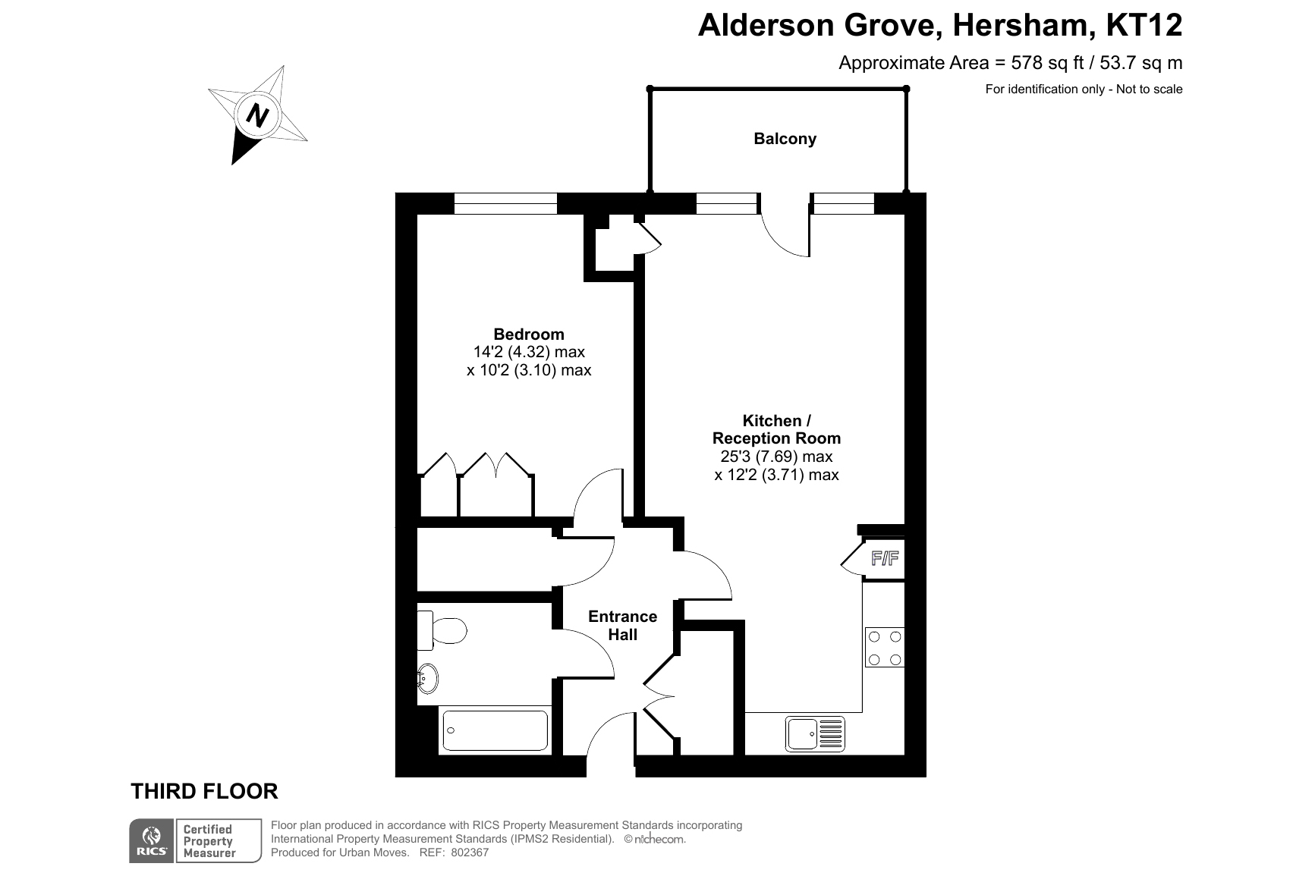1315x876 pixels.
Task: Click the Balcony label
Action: click(x=785, y=139)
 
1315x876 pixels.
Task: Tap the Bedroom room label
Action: click(x=528, y=334)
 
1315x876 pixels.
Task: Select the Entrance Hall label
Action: click(x=622, y=626)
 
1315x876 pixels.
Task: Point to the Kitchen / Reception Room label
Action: click(x=776, y=429)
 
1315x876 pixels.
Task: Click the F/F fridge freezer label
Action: click(x=885, y=560)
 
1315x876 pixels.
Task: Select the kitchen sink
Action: click(x=816, y=733)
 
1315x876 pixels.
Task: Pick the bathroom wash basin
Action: click(x=427, y=679)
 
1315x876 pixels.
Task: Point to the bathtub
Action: click(x=494, y=730)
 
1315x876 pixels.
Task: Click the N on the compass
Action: click(x=259, y=116)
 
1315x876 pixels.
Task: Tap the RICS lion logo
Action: click(x=152, y=840)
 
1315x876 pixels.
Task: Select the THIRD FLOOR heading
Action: click(x=205, y=792)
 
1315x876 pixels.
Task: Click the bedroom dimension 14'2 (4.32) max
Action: click(x=529, y=352)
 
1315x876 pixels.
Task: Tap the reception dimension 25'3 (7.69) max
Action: click(x=776, y=457)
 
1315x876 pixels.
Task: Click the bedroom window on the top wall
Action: click(x=505, y=203)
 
